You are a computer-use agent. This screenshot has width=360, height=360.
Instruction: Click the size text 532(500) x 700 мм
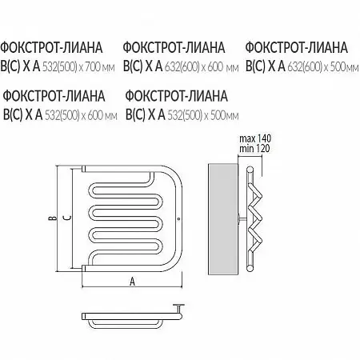pos(78,67)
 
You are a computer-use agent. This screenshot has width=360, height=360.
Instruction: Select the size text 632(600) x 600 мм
pos(202,67)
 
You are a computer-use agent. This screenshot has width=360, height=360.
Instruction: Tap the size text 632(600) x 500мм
pos(323,67)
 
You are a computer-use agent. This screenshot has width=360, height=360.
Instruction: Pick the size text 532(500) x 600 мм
pos(81,115)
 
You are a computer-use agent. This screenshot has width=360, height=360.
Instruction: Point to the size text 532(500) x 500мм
pos(202,115)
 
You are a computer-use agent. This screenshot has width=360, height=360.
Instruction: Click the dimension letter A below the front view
pos(132,281)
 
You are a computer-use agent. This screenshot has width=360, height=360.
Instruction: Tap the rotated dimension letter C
pos(68,218)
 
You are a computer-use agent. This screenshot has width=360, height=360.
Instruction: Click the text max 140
pos(255,138)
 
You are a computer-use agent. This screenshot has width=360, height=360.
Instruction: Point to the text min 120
pos(254,148)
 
